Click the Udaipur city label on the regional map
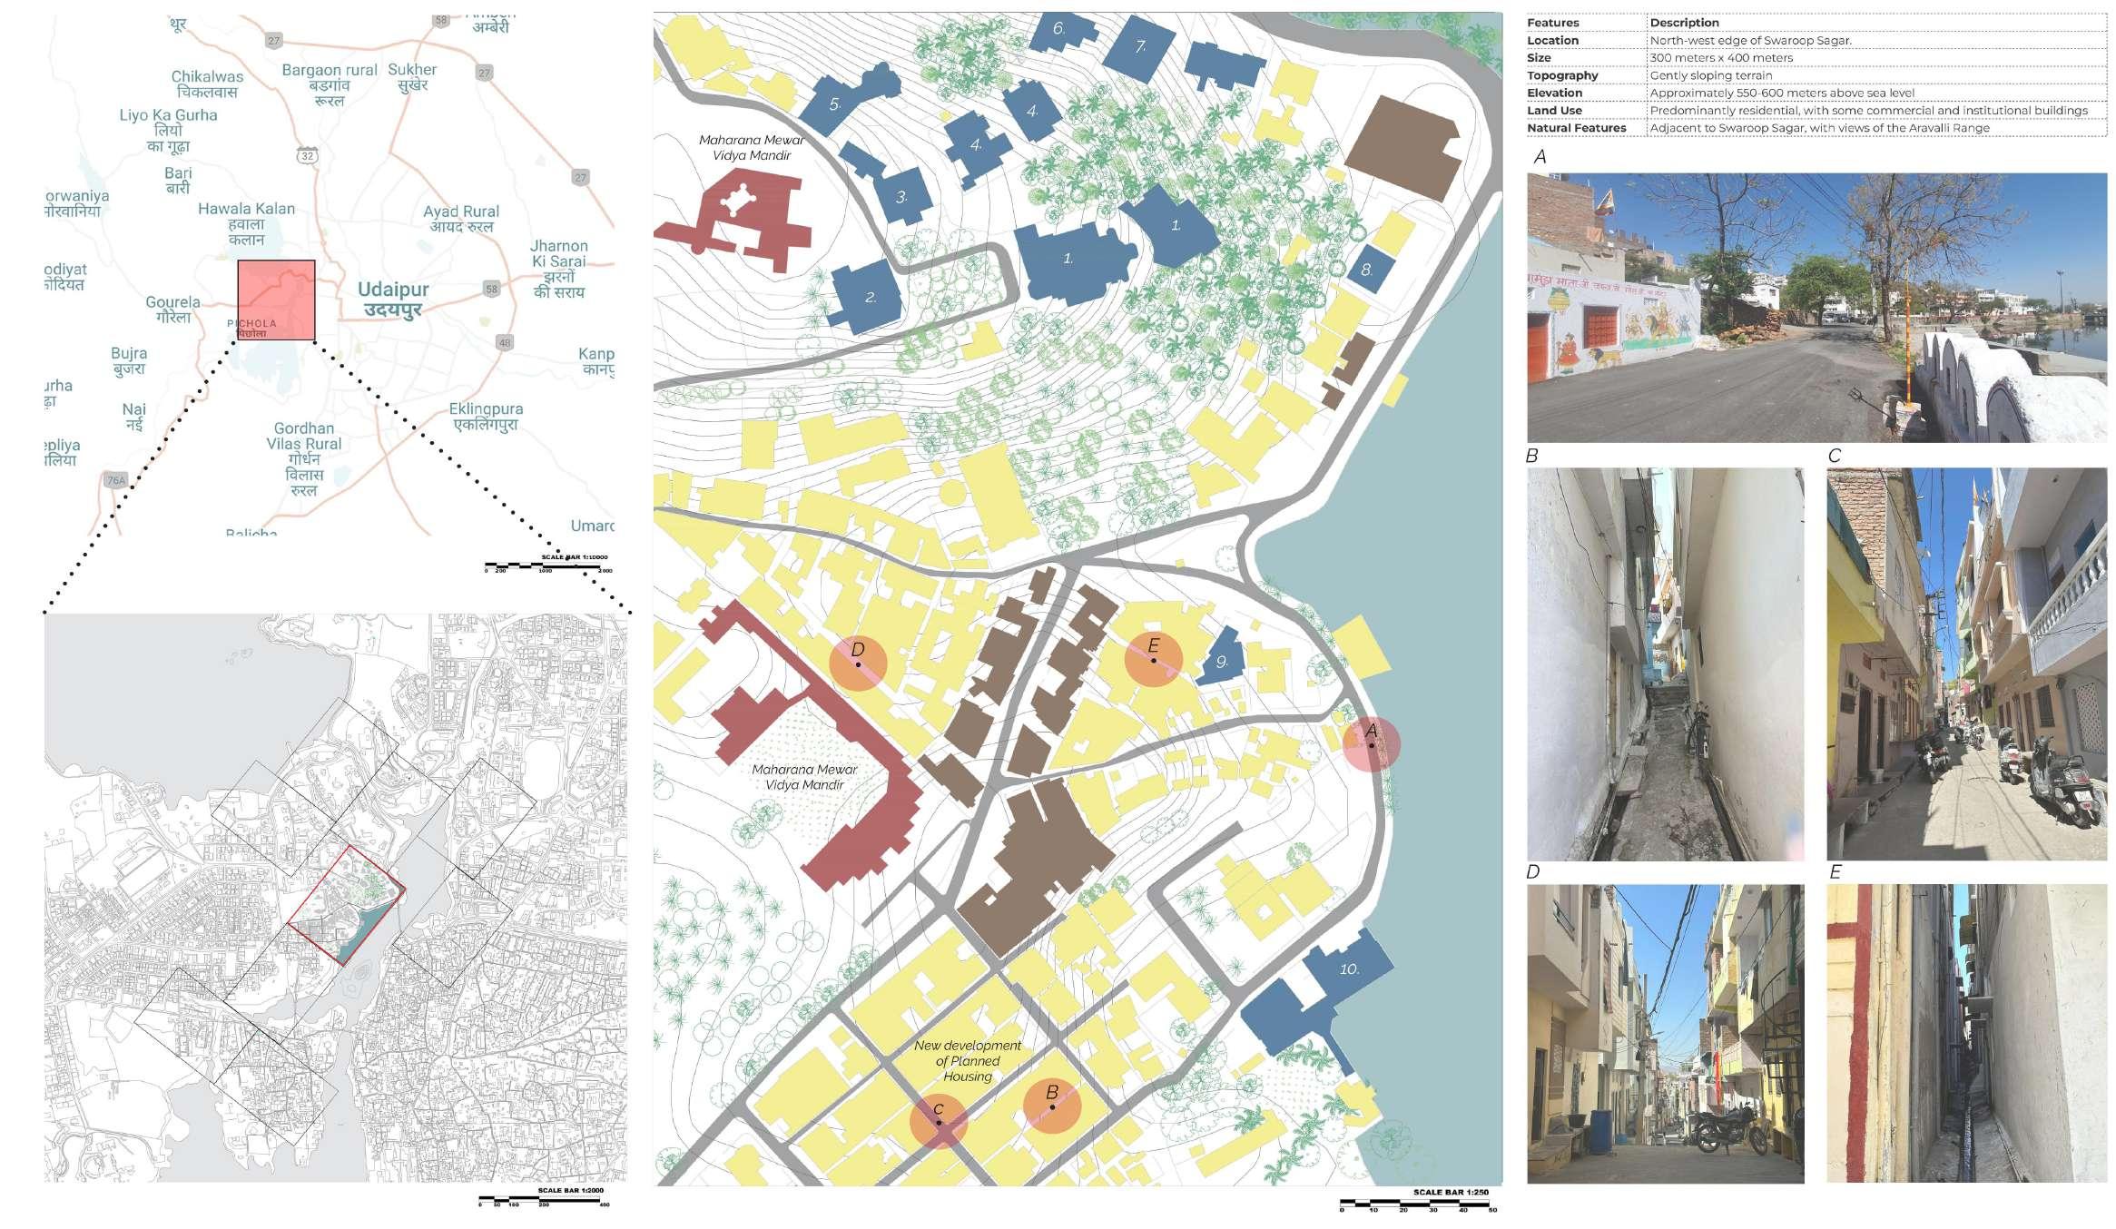(x=392, y=299)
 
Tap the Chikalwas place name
(x=207, y=84)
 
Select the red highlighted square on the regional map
(x=276, y=300)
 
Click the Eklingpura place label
(x=486, y=417)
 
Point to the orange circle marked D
(x=858, y=664)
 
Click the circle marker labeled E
(x=1153, y=659)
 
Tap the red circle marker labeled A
(x=1371, y=744)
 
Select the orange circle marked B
(x=1051, y=1105)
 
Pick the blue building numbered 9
(x=1222, y=659)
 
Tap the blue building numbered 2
(x=867, y=296)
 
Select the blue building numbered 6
(x=1058, y=32)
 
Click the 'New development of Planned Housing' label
(x=968, y=1060)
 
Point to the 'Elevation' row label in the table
(x=1554, y=93)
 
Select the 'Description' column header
(x=1684, y=23)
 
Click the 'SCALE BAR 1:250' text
(x=1451, y=1192)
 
